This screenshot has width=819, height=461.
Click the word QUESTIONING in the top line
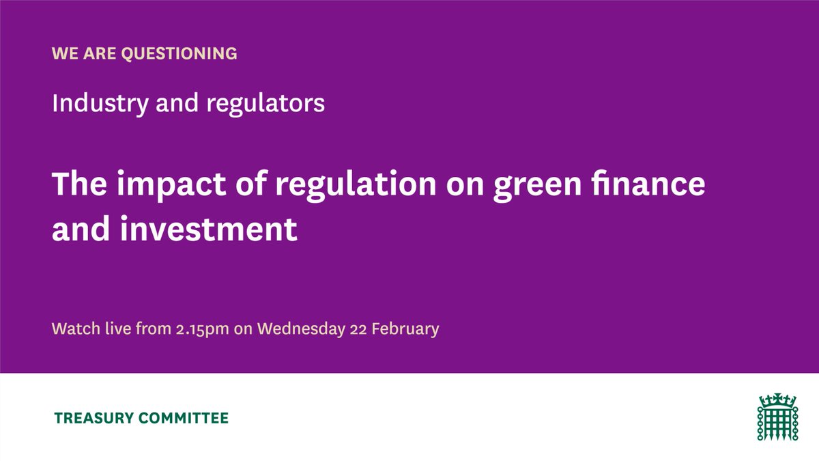[x=179, y=53]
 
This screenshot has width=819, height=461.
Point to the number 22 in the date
[x=363, y=329]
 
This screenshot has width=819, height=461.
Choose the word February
[x=408, y=329]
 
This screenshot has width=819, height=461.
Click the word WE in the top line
[x=63, y=53]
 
